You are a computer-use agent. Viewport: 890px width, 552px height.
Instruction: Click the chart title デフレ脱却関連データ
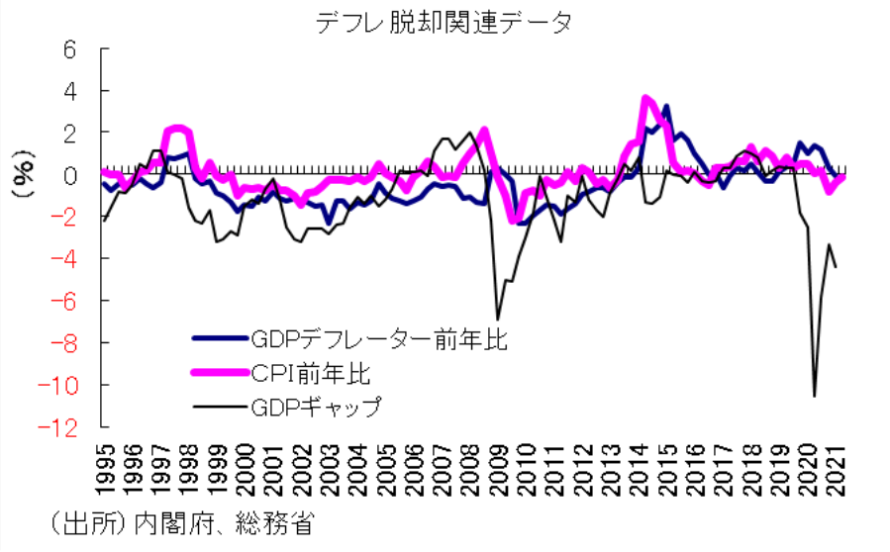click(445, 22)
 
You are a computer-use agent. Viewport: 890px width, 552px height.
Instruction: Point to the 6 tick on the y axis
click(70, 49)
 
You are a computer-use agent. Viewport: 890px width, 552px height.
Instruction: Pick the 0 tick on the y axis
click(70, 175)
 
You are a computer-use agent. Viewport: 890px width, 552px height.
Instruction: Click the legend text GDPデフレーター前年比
click(379, 341)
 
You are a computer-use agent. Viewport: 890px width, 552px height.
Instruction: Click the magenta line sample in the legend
click(219, 373)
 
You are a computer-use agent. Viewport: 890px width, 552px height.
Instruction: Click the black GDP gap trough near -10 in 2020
click(814, 396)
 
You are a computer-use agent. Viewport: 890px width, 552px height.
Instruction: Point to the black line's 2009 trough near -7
click(497, 318)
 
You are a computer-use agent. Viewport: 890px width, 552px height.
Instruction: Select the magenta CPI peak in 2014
click(645, 98)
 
